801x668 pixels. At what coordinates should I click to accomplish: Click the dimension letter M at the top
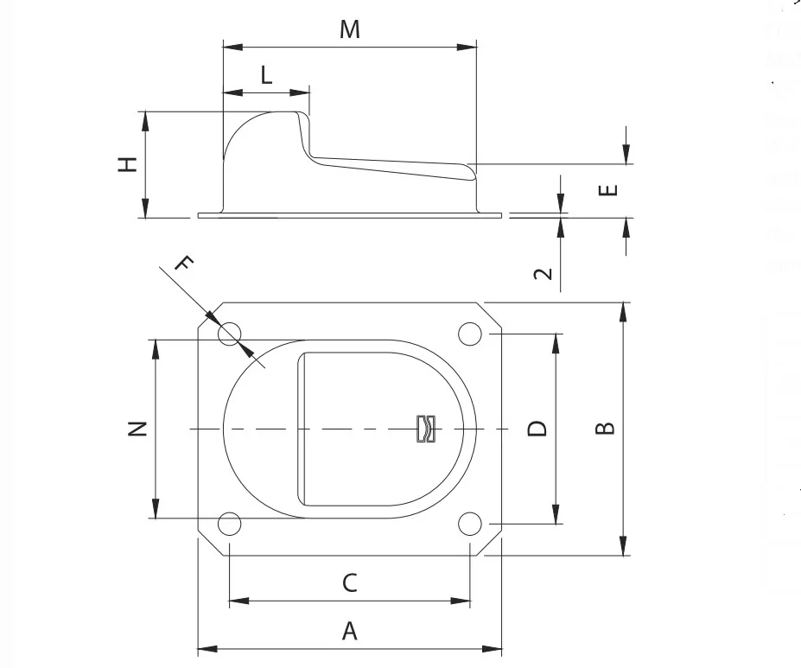350,29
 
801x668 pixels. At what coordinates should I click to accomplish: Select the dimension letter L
266,75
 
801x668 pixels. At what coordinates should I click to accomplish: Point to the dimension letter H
128,164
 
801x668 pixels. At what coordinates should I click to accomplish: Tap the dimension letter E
608,190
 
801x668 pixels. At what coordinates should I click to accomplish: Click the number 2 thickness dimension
543,274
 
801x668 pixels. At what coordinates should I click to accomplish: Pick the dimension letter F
184,264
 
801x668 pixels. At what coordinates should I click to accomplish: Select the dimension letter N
137,429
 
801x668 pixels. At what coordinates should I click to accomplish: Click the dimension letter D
537,429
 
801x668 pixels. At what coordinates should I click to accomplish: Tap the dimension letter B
606,428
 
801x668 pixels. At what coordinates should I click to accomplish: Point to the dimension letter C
349,582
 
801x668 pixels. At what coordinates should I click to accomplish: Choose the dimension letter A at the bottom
349,631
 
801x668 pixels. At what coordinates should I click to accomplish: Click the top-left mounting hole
229,334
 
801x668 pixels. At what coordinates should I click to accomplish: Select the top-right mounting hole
470,334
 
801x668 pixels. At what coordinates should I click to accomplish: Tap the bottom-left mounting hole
229,524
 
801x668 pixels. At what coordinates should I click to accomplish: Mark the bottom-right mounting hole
470,524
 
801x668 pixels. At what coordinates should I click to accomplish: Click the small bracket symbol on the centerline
426,429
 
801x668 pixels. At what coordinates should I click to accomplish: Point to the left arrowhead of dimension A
207,649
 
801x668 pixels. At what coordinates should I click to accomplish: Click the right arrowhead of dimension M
467,48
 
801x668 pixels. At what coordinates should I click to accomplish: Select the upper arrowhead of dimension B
623,312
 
